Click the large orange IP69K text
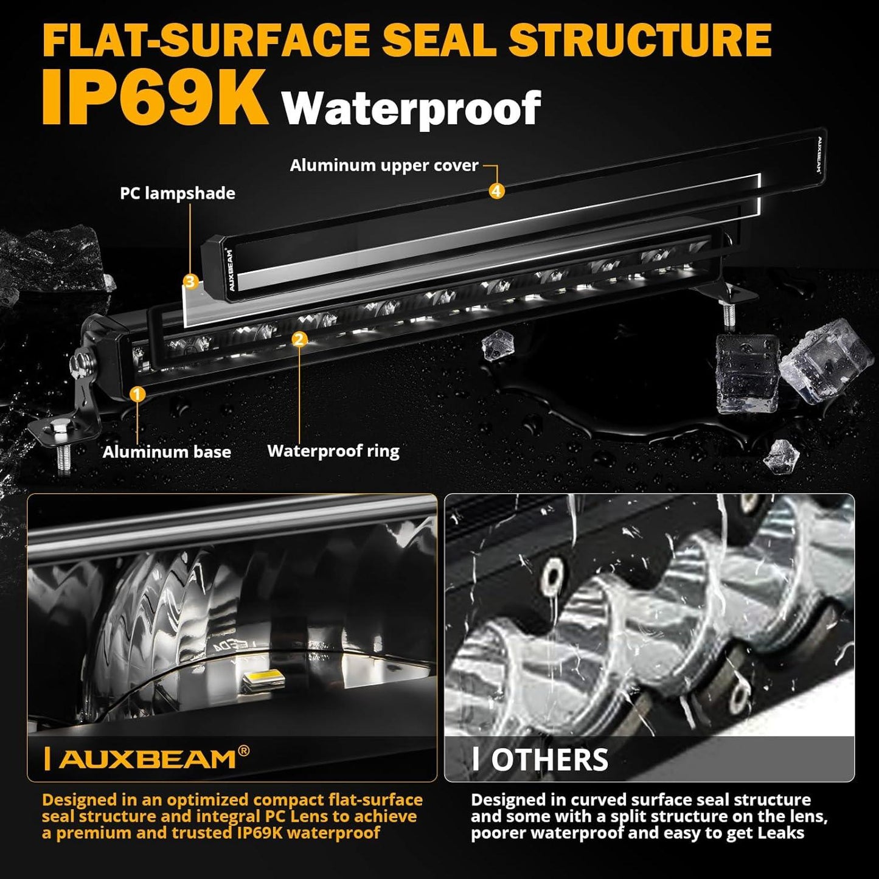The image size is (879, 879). tap(155, 97)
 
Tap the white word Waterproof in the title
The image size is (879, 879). tap(411, 108)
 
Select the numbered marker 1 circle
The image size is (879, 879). tap(137, 394)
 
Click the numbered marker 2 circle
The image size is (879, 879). tap(299, 339)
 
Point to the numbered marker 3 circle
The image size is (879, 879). tap(190, 282)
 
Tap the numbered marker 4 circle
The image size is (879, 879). tap(496, 191)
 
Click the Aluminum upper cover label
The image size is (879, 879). tap(384, 165)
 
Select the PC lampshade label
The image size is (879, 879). tap(177, 193)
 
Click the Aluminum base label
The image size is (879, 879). tap(167, 452)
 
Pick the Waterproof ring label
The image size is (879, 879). tap(333, 451)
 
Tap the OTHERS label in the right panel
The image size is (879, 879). tap(549, 760)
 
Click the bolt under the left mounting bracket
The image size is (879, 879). tap(63, 451)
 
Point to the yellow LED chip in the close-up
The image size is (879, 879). tap(263, 679)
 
